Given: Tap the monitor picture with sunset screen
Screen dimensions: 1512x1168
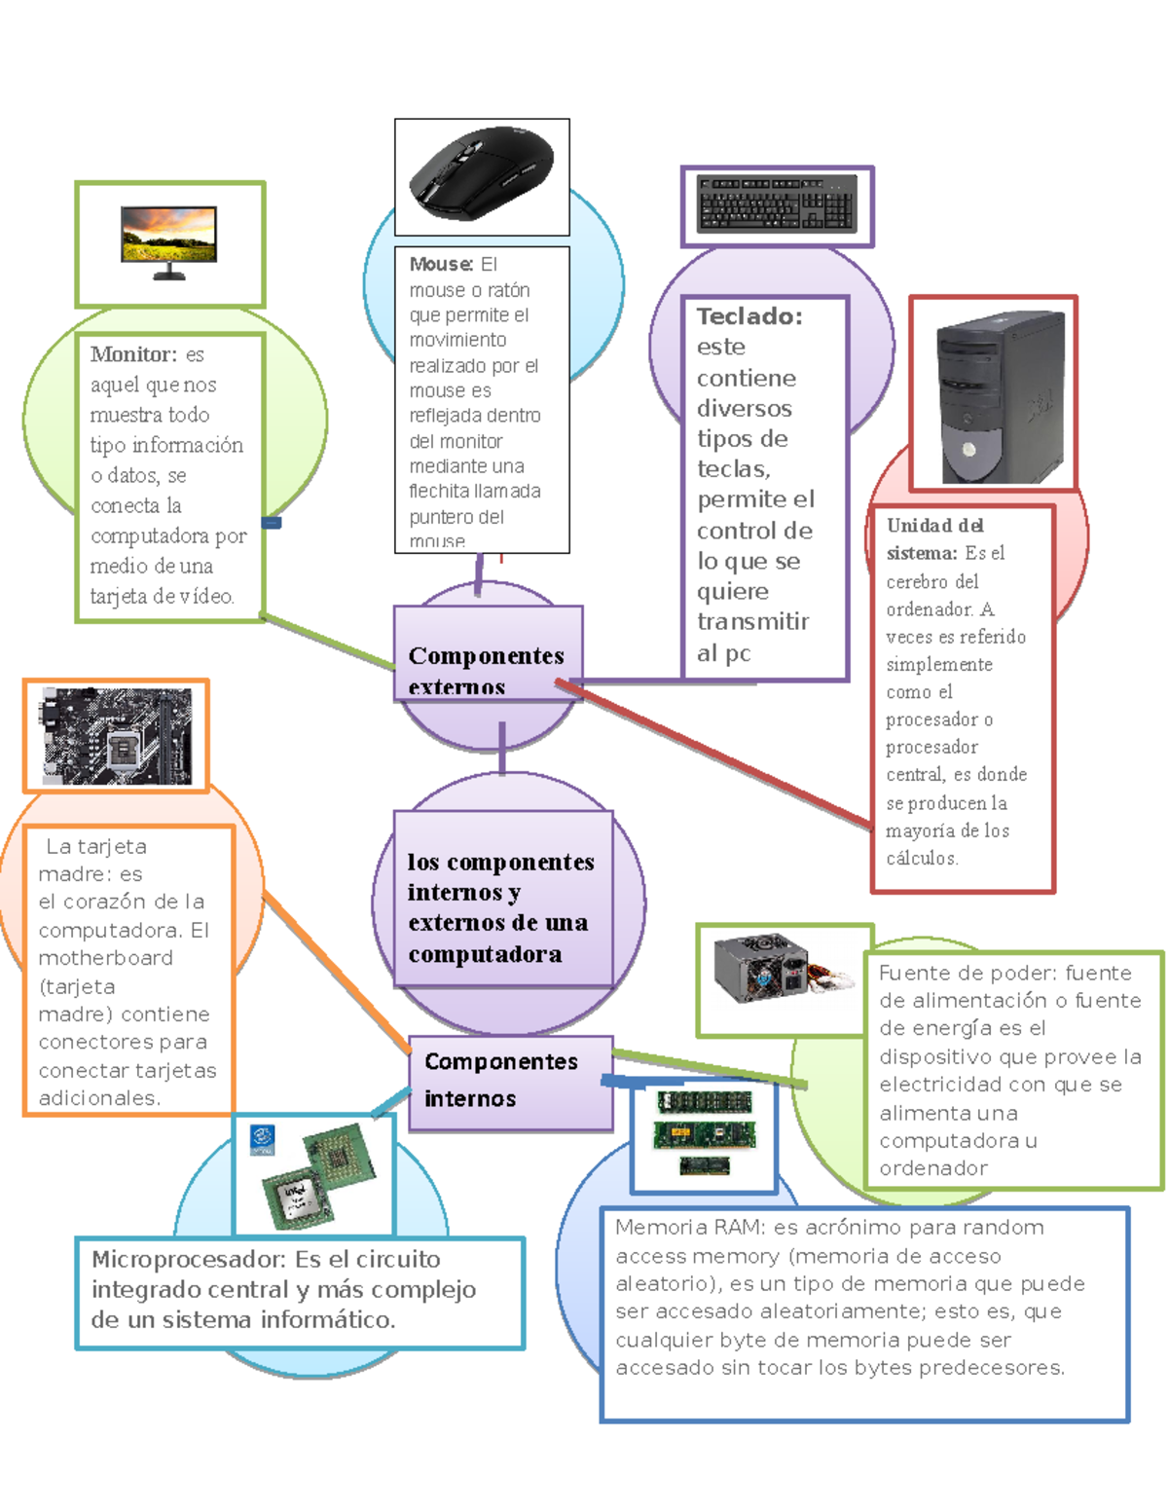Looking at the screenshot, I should coord(168,241).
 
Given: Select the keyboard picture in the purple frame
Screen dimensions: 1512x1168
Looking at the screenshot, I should coord(776,204).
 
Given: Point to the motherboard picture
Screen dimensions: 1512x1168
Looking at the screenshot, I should coord(116,736).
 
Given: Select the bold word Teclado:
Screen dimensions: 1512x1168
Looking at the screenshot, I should coord(748,316).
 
